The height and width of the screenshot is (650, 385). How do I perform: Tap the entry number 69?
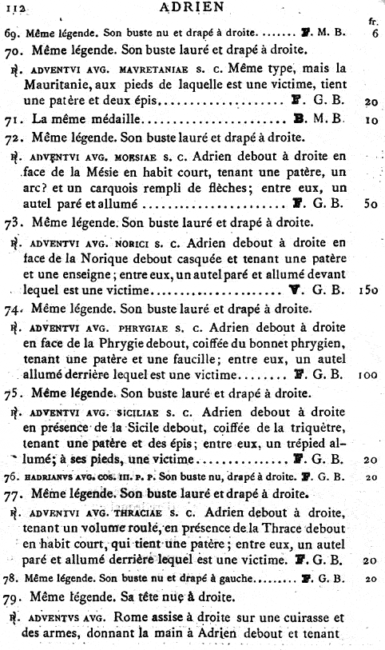point(12,35)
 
